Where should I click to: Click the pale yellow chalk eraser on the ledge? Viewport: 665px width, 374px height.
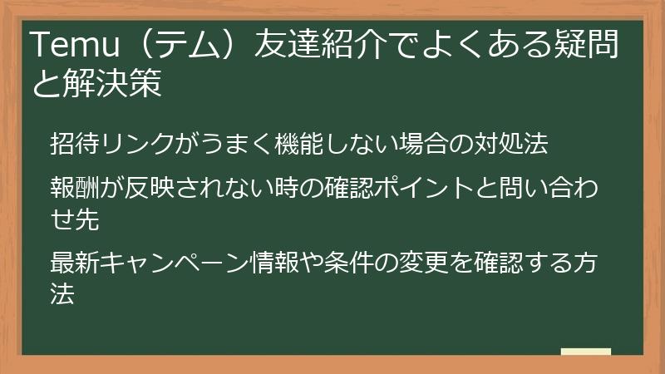coord(585,352)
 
